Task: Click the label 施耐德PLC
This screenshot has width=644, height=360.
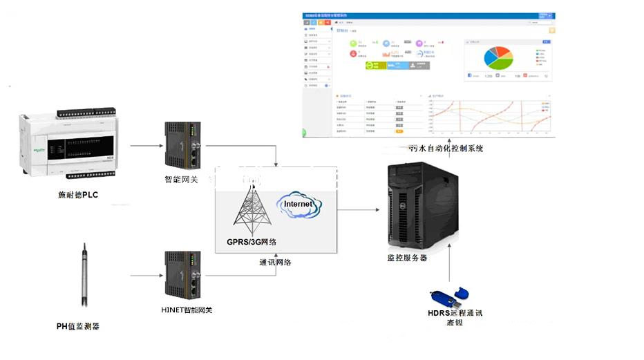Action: tap(77, 195)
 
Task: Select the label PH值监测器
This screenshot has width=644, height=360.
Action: tap(77, 325)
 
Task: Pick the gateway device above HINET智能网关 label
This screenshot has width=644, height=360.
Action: tap(183, 276)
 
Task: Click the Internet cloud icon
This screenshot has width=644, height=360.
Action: tap(299, 205)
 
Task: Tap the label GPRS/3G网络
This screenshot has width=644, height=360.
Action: tap(252, 242)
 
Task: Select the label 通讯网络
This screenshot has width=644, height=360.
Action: tap(275, 263)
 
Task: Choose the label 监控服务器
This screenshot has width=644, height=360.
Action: tap(407, 258)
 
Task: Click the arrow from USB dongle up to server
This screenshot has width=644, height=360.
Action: tap(450, 266)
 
